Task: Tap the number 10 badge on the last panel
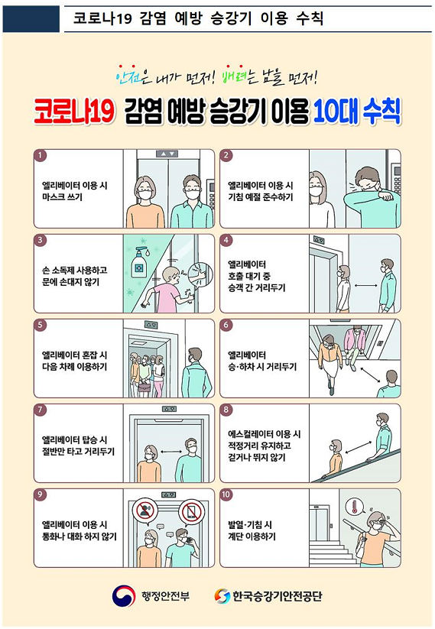226,494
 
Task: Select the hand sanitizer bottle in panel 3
139,262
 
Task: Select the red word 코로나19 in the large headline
74,112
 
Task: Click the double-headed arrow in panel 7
171,452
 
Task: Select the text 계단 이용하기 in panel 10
252,537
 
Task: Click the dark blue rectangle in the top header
31,17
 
